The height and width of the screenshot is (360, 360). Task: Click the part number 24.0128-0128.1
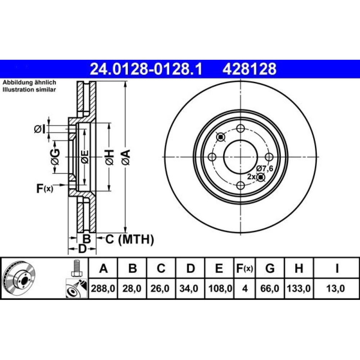tap(146, 69)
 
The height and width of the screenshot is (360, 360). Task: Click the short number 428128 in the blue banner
tap(249, 69)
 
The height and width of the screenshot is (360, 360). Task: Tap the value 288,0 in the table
tap(103, 288)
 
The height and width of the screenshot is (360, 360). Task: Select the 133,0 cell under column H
tap(299, 288)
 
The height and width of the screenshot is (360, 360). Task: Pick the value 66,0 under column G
tap(270, 288)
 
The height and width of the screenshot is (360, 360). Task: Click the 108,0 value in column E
tap(220, 288)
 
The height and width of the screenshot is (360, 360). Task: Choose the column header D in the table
tap(190, 268)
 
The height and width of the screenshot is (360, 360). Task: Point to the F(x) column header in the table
tap(244, 268)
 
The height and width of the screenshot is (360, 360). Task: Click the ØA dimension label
tap(126, 157)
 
